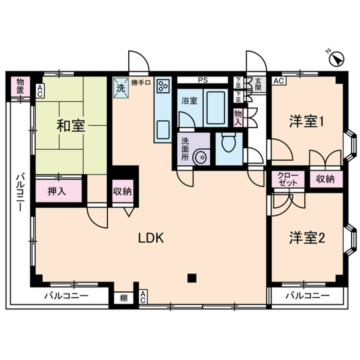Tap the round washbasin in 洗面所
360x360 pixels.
pyautogui.click(x=201, y=157)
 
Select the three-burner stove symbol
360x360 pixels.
pyautogui.click(x=163, y=86)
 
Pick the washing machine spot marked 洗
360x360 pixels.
pyautogui.click(x=121, y=88)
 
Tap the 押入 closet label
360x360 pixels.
pyautogui.click(x=57, y=191)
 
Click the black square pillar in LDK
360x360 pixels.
pyautogui.click(x=192, y=278)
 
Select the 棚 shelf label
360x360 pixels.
pyautogui.click(x=123, y=298)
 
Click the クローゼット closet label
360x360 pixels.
pyautogui.click(x=288, y=179)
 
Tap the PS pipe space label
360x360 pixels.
pyautogui.click(x=203, y=79)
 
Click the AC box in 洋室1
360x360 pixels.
pyautogui.click(x=278, y=81)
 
